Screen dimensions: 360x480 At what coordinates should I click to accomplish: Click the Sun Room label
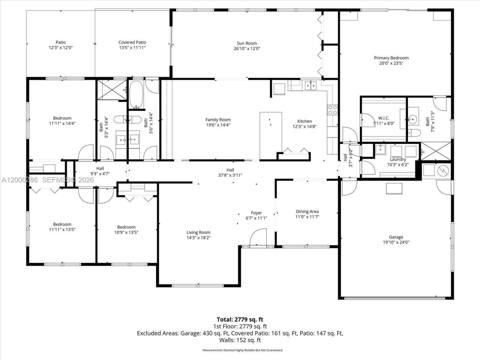[x=247, y=43]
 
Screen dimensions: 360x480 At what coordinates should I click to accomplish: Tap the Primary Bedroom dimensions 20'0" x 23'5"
[x=391, y=63]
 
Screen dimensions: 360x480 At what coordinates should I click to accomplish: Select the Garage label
[x=396, y=237]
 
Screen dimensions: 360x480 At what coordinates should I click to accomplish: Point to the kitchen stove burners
[x=332, y=109]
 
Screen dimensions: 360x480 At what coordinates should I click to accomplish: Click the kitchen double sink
[x=311, y=86]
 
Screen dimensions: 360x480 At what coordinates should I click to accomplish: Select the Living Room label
[x=198, y=232]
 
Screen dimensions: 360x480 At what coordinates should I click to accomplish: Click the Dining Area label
[x=307, y=211]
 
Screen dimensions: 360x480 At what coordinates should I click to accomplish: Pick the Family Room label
[x=218, y=120]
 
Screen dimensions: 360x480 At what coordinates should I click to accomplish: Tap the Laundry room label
[x=398, y=159]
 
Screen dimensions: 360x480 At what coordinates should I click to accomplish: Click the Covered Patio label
[x=132, y=42]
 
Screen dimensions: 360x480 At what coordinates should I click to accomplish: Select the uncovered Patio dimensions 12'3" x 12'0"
[x=60, y=48]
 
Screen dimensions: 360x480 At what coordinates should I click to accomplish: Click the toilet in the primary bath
[x=413, y=132]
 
